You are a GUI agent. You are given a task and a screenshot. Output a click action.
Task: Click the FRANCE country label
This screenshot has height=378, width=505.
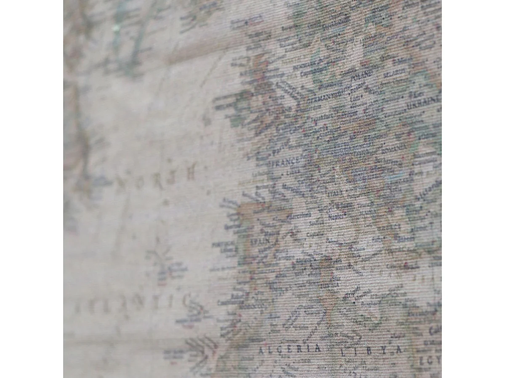point(288,161)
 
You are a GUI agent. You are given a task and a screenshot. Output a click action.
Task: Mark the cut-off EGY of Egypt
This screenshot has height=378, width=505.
point(429,360)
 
